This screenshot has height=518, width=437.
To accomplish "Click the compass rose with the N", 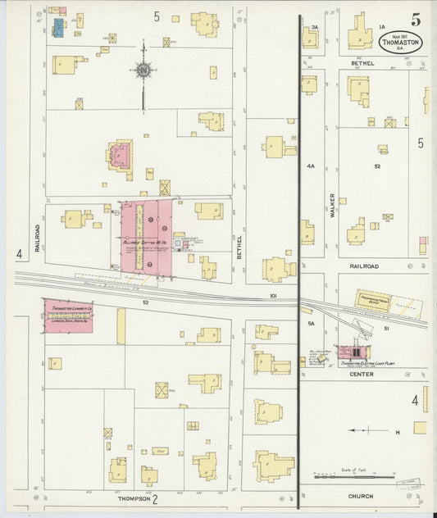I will pos(143,70).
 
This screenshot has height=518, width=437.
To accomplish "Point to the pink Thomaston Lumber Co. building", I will pos(69,316).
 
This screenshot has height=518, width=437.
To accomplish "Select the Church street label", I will pos(360,497).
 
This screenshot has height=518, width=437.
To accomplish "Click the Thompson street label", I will pos(132,498).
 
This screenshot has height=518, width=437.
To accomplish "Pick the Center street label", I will pos(362,375).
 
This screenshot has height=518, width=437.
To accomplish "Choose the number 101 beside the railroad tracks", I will pos(273,295).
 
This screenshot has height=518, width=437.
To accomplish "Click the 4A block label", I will pos(311,166).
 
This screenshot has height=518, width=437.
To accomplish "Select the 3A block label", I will pos(314,28).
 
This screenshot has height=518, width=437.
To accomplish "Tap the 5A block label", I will pos(311,325).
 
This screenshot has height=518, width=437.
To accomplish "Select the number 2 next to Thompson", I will pos(154,498).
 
